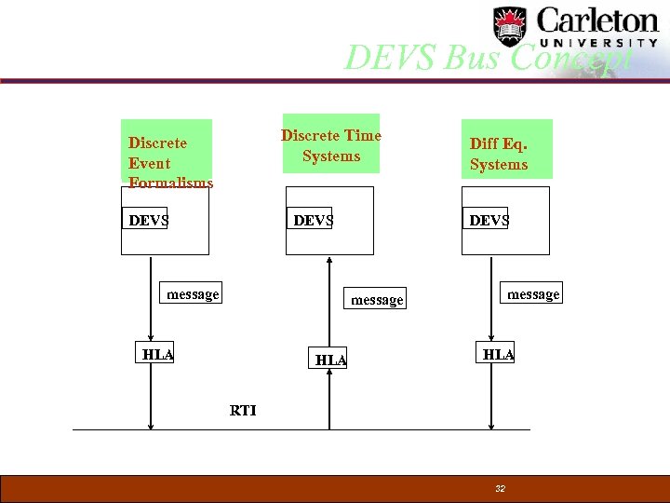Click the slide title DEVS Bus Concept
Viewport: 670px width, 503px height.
pyautogui.click(x=489, y=58)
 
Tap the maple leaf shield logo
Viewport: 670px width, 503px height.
pyautogui.click(x=509, y=26)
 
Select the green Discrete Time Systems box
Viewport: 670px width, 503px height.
pyautogui.click(x=331, y=144)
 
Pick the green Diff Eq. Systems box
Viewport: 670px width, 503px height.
pyautogui.click(x=506, y=149)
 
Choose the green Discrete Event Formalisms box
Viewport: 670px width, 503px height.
pyautogui.click(x=167, y=154)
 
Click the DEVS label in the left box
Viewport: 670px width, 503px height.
pyautogui.click(x=148, y=220)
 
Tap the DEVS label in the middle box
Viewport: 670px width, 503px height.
pyautogui.click(x=313, y=220)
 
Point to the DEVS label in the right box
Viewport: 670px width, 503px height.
pyautogui.click(x=489, y=220)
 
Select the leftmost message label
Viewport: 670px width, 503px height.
pyautogui.click(x=193, y=294)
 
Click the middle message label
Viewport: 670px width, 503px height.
pyautogui.click(x=377, y=300)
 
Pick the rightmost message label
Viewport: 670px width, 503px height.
pyautogui.click(x=533, y=294)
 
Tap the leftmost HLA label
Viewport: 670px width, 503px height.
pyautogui.click(x=158, y=354)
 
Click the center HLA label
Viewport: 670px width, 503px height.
pyautogui.click(x=330, y=360)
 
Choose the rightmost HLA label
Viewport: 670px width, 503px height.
pyautogui.click(x=498, y=354)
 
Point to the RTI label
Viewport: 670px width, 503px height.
pyautogui.click(x=243, y=410)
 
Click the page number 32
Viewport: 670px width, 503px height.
pyautogui.click(x=501, y=489)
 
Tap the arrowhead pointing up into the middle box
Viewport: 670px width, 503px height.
pyautogui.click(x=329, y=261)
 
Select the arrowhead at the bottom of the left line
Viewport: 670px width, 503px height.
pyautogui.click(x=152, y=424)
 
